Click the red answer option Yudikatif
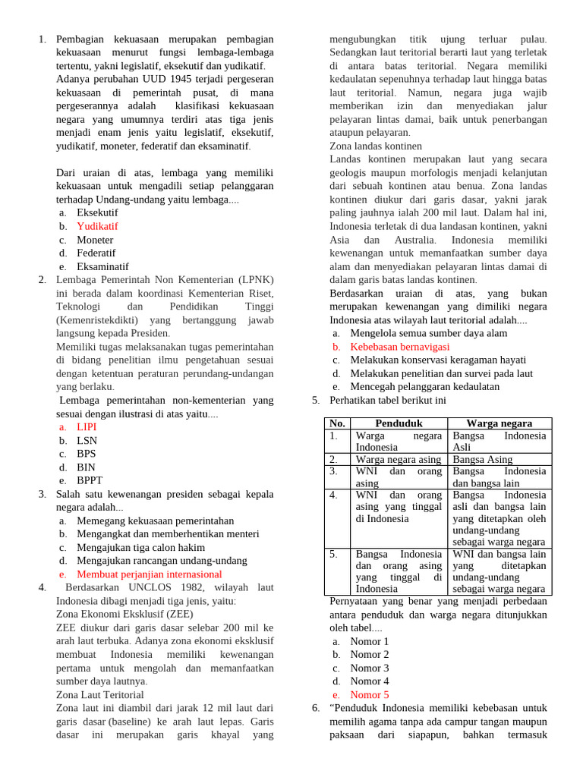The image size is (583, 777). pyautogui.click(x=97, y=226)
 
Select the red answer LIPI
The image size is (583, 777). pyautogui.click(x=87, y=427)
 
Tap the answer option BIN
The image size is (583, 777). pyautogui.click(x=86, y=467)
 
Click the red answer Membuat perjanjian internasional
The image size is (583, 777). pyautogui.click(x=150, y=574)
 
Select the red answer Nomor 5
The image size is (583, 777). pyautogui.click(x=370, y=694)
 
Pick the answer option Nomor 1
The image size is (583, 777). pyautogui.click(x=370, y=641)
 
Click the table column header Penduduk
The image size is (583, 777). pyautogui.click(x=399, y=423)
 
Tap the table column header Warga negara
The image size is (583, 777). pyautogui.click(x=499, y=423)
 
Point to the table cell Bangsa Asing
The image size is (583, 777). pyautogui.click(x=483, y=459)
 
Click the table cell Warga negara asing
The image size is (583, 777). pyautogui.click(x=398, y=459)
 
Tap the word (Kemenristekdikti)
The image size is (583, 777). pyautogui.click(x=99, y=320)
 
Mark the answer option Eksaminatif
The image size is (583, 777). pyautogui.click(x=102, y=266)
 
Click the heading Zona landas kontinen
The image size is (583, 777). pyautogui.click(x=376, y=146)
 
